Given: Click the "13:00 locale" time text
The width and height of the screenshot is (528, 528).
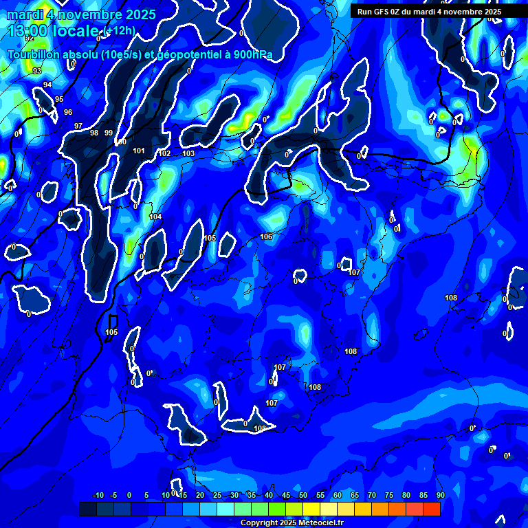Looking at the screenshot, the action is tap(55, 31).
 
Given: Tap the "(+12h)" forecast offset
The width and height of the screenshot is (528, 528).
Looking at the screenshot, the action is tap(121, 30).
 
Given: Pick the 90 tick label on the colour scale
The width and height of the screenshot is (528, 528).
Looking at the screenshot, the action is tap(440, 495).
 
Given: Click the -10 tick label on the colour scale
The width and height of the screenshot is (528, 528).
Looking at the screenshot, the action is tap(98, 495).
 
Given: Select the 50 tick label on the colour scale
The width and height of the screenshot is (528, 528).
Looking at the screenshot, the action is tap(303, 495).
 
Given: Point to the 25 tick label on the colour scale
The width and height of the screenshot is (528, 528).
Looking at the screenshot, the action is tap(217, 495).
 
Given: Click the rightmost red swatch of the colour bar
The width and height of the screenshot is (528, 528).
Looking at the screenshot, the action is tap(432, 509).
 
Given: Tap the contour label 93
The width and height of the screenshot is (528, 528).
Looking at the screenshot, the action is tap(37, 71).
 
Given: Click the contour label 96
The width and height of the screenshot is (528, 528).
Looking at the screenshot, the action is tap(68, 112).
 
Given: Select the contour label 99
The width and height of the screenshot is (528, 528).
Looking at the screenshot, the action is tap(109, 133).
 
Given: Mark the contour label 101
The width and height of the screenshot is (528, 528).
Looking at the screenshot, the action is tap(139, 151).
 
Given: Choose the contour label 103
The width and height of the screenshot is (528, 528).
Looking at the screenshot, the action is tap(188, 153).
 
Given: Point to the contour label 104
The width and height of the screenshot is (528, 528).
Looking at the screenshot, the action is tap(156, 217).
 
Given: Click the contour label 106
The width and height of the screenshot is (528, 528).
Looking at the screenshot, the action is tap(266, 236).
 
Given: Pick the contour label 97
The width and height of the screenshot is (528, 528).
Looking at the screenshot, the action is tap(78, 126).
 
